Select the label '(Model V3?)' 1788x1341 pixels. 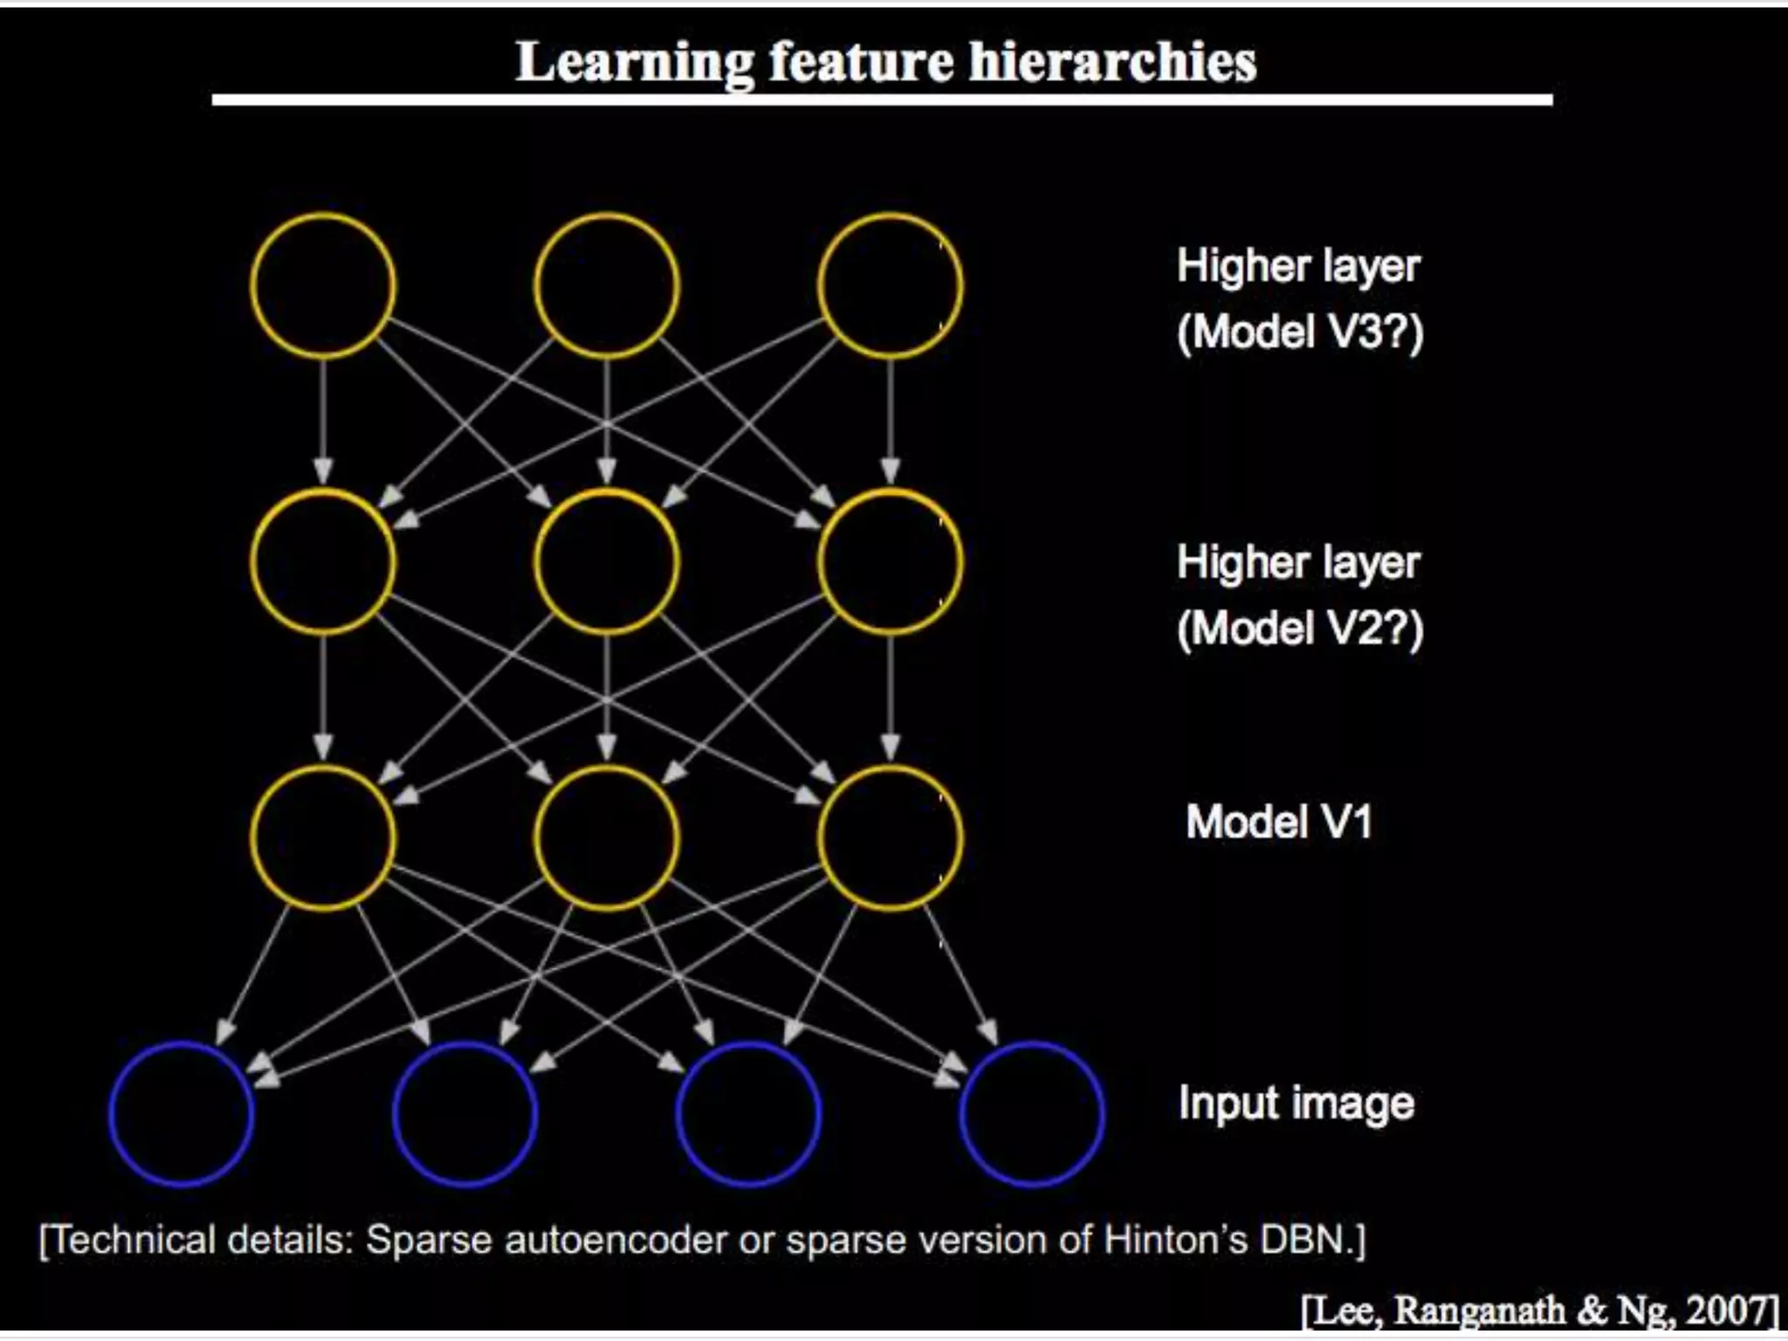point(1300,333)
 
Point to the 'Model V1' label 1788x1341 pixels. point(1278,822)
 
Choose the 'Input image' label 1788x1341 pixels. point(1296,1104)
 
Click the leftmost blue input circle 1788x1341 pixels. point(182,1114)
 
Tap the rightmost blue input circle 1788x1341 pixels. point(1032,1114)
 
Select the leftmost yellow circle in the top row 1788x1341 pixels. point(323,285)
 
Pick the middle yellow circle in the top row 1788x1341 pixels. point(607,285)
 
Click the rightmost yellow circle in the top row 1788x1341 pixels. point(891,285)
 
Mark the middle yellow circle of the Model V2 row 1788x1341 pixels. point(607,561)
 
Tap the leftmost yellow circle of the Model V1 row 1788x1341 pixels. point(323,838)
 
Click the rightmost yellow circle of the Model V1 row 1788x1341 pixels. point(891,838)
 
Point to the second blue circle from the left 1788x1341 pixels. point(465,1114)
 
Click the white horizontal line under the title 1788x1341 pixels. point(882,100)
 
